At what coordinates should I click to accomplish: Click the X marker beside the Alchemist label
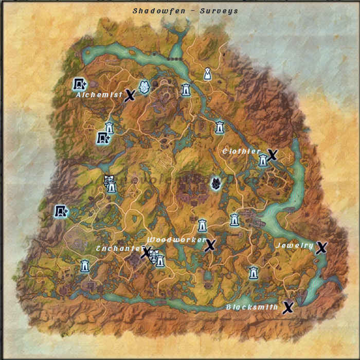point(130,95)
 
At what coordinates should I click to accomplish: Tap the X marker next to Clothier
point(272,154)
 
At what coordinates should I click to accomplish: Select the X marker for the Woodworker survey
point(209,245)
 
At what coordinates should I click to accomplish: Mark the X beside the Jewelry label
point(321,248)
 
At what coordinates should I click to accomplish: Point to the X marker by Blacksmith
point(288,308)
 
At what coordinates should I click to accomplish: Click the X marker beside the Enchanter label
point(146,252)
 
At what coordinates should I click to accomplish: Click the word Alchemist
point(99,95)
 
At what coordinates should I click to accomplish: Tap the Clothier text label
point(242,152)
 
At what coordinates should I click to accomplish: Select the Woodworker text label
point(176,240)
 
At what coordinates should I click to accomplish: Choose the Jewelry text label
point(295,246)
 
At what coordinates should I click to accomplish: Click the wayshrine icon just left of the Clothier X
point(263,160)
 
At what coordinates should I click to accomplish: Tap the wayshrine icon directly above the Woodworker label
point(202,225)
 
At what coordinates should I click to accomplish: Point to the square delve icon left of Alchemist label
point(79,84)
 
